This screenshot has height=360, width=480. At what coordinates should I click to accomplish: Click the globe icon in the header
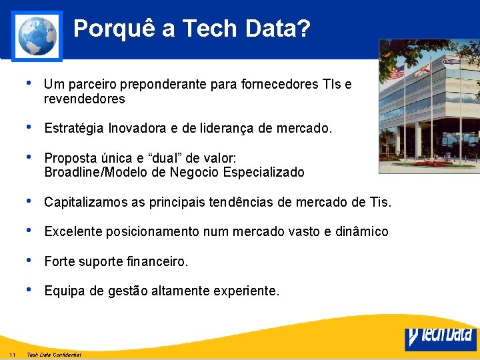pos(37,35)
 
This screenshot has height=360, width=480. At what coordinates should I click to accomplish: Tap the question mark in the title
pos(303,29)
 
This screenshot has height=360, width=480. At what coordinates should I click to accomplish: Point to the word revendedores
pos(84,99)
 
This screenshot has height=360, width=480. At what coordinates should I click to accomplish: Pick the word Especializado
pos(263,173)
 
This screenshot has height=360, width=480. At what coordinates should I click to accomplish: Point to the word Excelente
pos(73,231)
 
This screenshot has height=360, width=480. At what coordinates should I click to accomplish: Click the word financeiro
pos(157,261)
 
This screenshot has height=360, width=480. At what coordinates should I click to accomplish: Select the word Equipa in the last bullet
pos(63,291)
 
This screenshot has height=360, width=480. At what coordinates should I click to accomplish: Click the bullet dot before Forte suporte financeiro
pos(27,260)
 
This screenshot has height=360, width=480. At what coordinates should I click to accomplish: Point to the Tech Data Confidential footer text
pos(54,354)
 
